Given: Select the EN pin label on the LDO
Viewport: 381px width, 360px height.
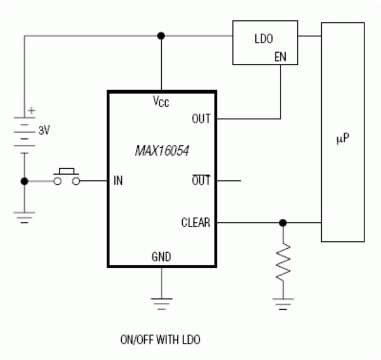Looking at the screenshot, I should (x=279, y=56).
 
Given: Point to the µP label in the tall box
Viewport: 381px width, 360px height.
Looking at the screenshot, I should (x=342, y=136).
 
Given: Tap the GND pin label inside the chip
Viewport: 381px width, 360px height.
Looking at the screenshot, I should (x=161, y=257).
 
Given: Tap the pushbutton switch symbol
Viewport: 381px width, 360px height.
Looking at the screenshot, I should (x=67, y=178).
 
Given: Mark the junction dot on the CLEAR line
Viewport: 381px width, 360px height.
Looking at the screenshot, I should (x=283, y=223).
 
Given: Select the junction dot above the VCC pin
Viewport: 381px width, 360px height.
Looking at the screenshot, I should (x=161, y=36).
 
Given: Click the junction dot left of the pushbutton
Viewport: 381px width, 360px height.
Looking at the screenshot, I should (x=24, y=181).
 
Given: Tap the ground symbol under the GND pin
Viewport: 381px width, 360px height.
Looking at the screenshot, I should (x=161, y=303).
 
